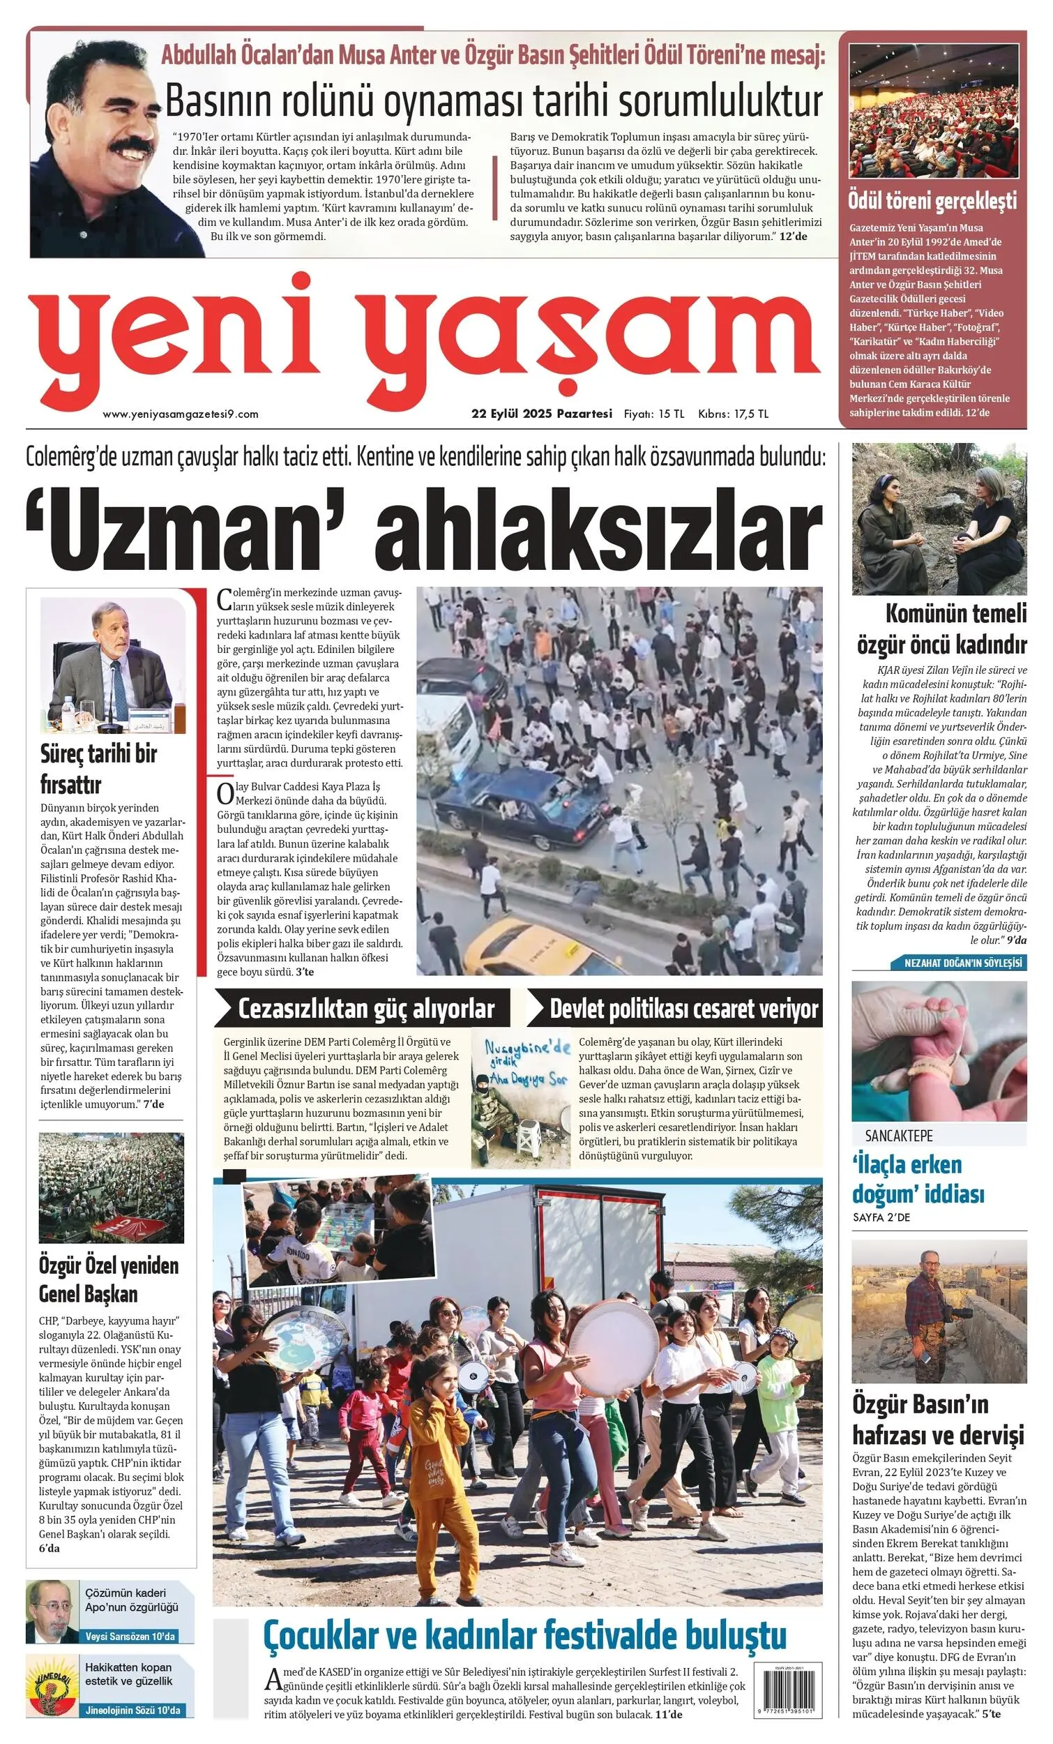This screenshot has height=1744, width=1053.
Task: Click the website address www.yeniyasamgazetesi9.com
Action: tap(181, 414)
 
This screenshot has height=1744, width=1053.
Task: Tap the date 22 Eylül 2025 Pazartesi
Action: tap(541, 414)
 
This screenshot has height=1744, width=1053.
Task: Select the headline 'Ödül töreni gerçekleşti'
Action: tap(932, 201)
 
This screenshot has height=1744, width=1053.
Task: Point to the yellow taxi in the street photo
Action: tap(538, 949)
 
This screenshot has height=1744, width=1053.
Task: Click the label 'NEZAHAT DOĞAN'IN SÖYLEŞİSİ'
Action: tap(964, 963)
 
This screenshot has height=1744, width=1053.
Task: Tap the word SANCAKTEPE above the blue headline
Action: tap(899, 1136)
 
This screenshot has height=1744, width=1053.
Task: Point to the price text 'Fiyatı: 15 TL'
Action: tap(653, 414)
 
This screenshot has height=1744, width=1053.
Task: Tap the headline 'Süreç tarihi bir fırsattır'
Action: tap(98, 769)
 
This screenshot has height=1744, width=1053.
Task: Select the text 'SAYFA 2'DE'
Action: tap(881, 1217)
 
